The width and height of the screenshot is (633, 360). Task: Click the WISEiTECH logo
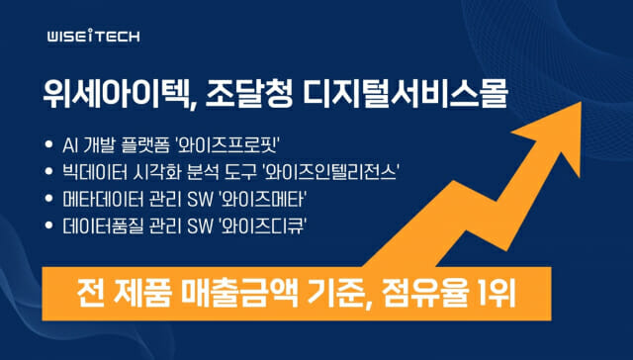pos(93,37)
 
